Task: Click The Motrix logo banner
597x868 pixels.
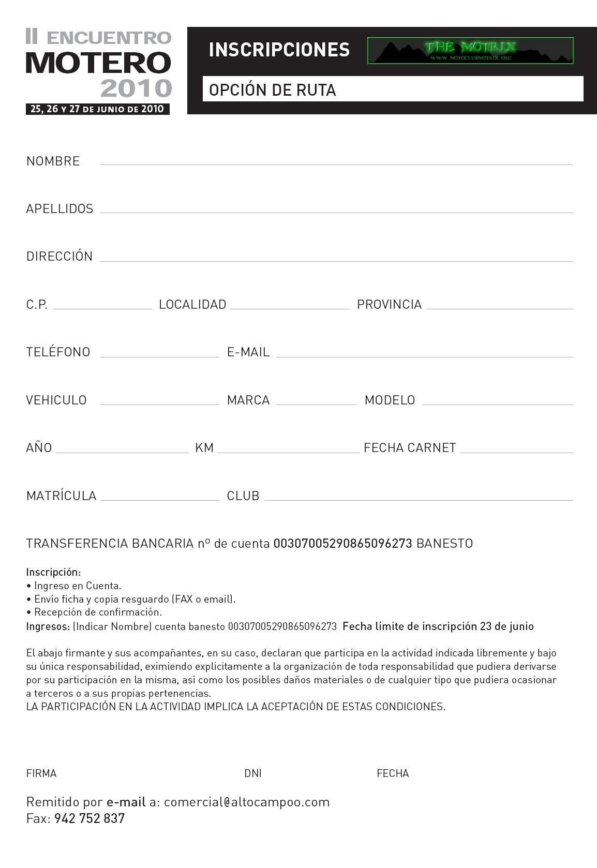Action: pyautogui.click(x=470, y=51)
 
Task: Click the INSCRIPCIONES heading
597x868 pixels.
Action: pyautogui.click(x=279, y=50)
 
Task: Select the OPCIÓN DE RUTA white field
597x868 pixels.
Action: pyautogui.click(x=393, y=89)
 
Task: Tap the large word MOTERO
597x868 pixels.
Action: pyautogui.click(x=98, y=62)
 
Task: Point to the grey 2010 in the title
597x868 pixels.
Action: pyautogui.click(x=136, y=88)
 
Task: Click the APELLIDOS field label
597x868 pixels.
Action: pyautogui.click(x=59, y=208)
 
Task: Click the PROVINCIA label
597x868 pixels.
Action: pyautogui.click(x=389, y=304)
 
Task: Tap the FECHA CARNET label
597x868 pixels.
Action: pyautogui.click(x=410, y=447)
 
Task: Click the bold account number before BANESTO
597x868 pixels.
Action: pyautogui.click(x=342, y=543)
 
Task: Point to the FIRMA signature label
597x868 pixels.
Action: pyautogui.click(x=41, y=773)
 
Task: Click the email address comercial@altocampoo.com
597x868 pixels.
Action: pyautogui.click(x=247, y=802)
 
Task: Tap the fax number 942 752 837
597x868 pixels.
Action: pyautogui.click(x=89, y=818)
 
